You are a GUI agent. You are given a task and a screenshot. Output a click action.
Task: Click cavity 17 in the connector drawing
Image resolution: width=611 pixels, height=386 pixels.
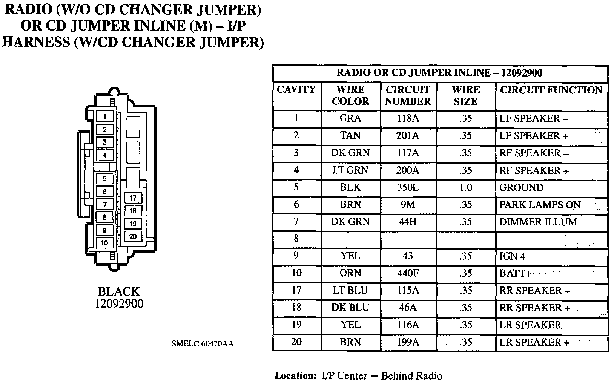[133, 198]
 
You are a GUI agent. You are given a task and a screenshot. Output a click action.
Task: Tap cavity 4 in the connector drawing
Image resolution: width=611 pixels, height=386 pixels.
[104, 155]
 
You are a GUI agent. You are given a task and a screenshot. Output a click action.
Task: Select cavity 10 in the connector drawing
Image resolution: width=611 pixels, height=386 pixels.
[104, 243]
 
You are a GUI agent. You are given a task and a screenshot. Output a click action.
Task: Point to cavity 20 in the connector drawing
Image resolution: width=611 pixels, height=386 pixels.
[133, 236]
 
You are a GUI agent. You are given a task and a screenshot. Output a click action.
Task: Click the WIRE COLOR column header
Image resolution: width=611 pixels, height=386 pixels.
[350, 95]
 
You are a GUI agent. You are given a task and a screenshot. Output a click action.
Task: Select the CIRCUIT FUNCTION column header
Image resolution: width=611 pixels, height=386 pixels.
[551, 90]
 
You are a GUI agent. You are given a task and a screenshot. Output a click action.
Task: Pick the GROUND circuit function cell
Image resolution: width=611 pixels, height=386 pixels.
[521, 188]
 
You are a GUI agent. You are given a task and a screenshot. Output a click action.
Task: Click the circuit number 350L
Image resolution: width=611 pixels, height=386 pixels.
[407, 188]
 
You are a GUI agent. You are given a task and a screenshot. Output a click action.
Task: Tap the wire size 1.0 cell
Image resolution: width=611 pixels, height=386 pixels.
[465, 188]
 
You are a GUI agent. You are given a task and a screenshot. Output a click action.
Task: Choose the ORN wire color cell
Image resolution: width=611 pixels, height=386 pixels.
[350, 273]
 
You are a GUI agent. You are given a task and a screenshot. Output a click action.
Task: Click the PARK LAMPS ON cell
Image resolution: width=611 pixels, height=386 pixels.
[540, 205]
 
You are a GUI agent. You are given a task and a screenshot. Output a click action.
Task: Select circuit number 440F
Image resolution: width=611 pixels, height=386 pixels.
[407, 273]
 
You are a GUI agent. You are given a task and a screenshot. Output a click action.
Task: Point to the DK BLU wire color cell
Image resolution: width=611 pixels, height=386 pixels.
[350, 308]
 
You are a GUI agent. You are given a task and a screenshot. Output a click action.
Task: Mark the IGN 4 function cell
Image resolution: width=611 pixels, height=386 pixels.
[512, 256]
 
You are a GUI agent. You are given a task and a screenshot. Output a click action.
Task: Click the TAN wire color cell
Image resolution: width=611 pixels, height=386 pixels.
[350, 136]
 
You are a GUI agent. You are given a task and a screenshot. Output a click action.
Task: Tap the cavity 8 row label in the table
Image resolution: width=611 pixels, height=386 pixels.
[296, 239]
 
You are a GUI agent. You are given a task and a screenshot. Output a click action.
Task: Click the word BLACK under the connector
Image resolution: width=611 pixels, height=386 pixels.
[119, 291]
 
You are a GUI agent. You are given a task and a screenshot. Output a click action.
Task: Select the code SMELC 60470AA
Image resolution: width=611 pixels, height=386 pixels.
[203, 344]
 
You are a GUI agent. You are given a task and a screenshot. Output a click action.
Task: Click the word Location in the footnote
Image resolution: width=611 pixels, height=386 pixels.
[295, 376]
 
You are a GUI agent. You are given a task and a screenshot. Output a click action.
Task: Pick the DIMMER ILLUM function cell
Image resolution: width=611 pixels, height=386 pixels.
[538, 222]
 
